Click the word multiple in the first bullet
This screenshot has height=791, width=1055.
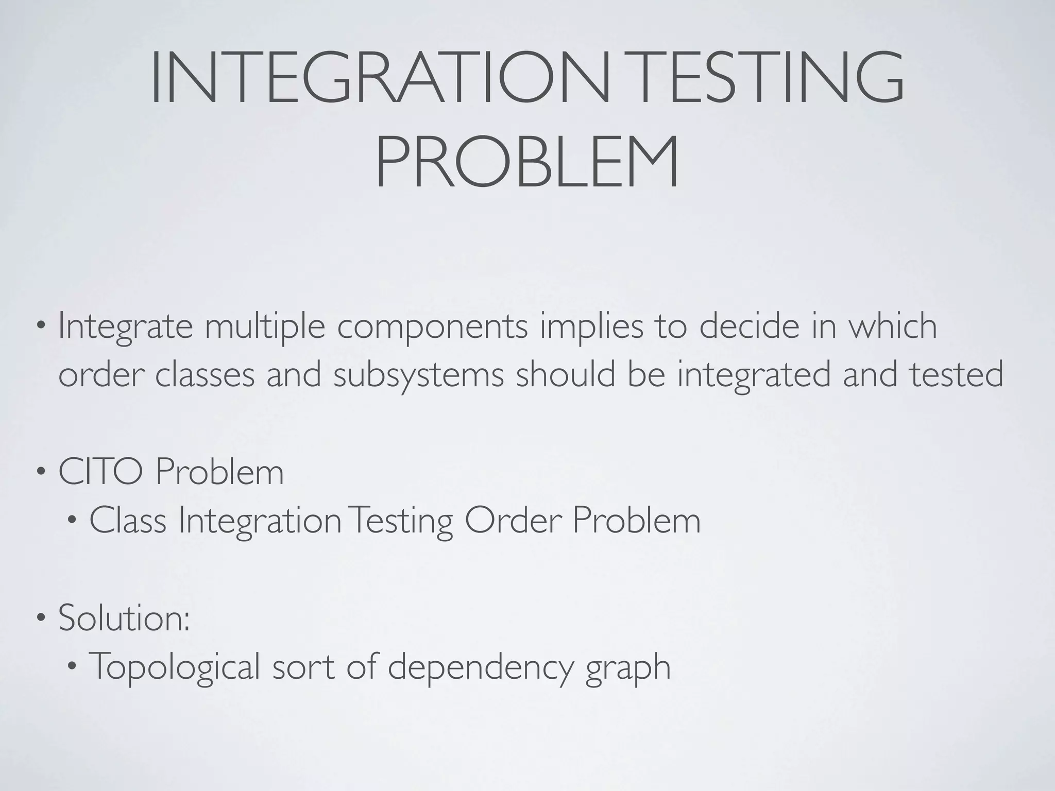coord(265,326)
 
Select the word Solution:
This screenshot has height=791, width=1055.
coord(124,617)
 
